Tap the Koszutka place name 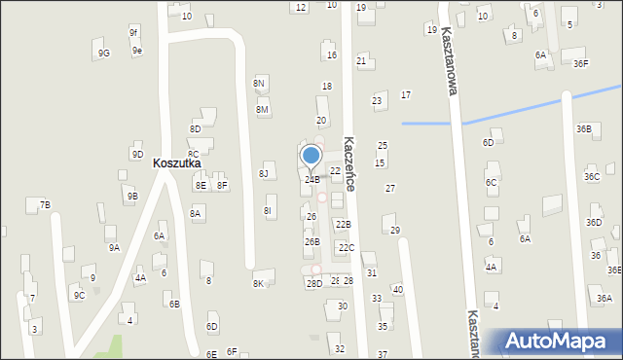[x=176, y=163]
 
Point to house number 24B [x=311, y=179]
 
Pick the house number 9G [x=103, y=54]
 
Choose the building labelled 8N [x=259, y=84]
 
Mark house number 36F [x=580, y=64]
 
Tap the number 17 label [x=405, y=94]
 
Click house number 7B [x=45, y=204]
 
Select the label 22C [x=346, y=247]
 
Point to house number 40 [x=397, y=289]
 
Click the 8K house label [x=258, y=283]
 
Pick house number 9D [x=137, y=154]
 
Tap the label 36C [x=592, y=176]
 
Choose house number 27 [x=390, y=188]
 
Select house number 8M [x=262, y=110]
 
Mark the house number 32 [x=339, y=348]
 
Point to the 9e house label [x=137, y=51]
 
